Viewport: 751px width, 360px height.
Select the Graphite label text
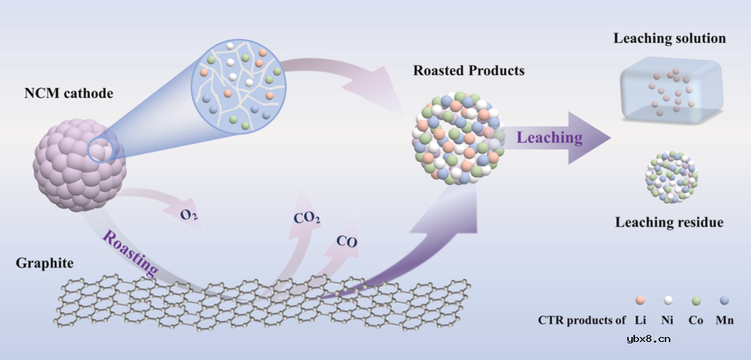pos(43,265)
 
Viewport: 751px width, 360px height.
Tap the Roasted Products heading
pos(468,71)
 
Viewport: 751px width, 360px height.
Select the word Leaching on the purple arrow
pos(549,137)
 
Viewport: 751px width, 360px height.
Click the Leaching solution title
pos(669,38)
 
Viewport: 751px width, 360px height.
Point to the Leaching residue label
pos(669,222)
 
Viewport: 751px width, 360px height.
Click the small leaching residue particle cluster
pos(672,177)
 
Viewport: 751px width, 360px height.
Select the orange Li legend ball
pos(640,300)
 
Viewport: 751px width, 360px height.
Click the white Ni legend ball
pos(668,300)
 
